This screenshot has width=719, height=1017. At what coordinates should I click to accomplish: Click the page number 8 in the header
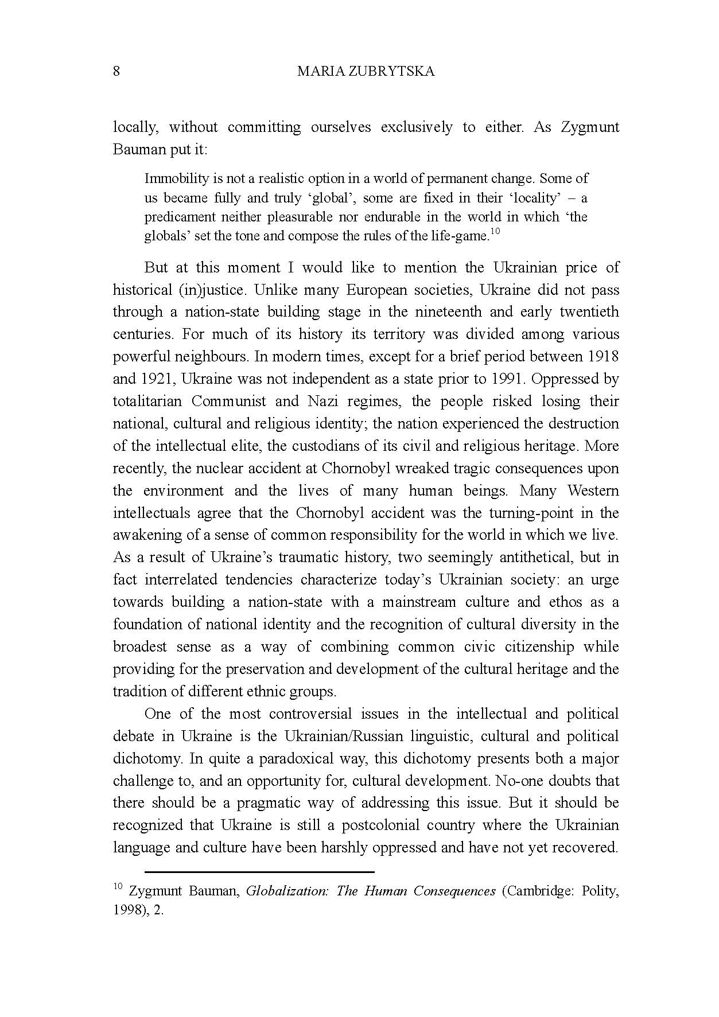pos(116,71)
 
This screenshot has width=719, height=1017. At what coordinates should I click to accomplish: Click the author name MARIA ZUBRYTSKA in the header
pos(366,71)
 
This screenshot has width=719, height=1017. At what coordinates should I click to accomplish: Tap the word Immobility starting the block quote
pos(172,178)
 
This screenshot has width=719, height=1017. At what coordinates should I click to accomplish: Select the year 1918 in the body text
pos(603,356)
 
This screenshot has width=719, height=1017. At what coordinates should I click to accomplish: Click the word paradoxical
pos(296,758)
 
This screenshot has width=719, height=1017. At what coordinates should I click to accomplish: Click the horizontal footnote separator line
pos(259,872)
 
